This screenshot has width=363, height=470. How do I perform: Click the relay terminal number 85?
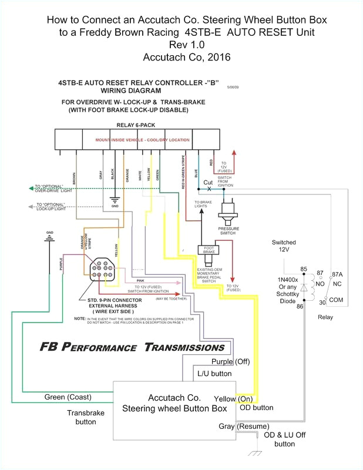(x=304, y=253)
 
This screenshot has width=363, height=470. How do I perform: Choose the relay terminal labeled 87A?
(x=337, y=257)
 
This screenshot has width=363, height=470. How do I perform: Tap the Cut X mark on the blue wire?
(x=208, y=186)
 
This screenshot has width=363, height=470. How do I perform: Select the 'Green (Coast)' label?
(x=68, y=397)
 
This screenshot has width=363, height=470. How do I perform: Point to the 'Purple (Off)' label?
(x=231, y=361)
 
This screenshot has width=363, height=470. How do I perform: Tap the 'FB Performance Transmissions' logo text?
(x=132, y=347)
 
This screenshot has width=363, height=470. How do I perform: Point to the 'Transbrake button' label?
(x=86, y=417)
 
